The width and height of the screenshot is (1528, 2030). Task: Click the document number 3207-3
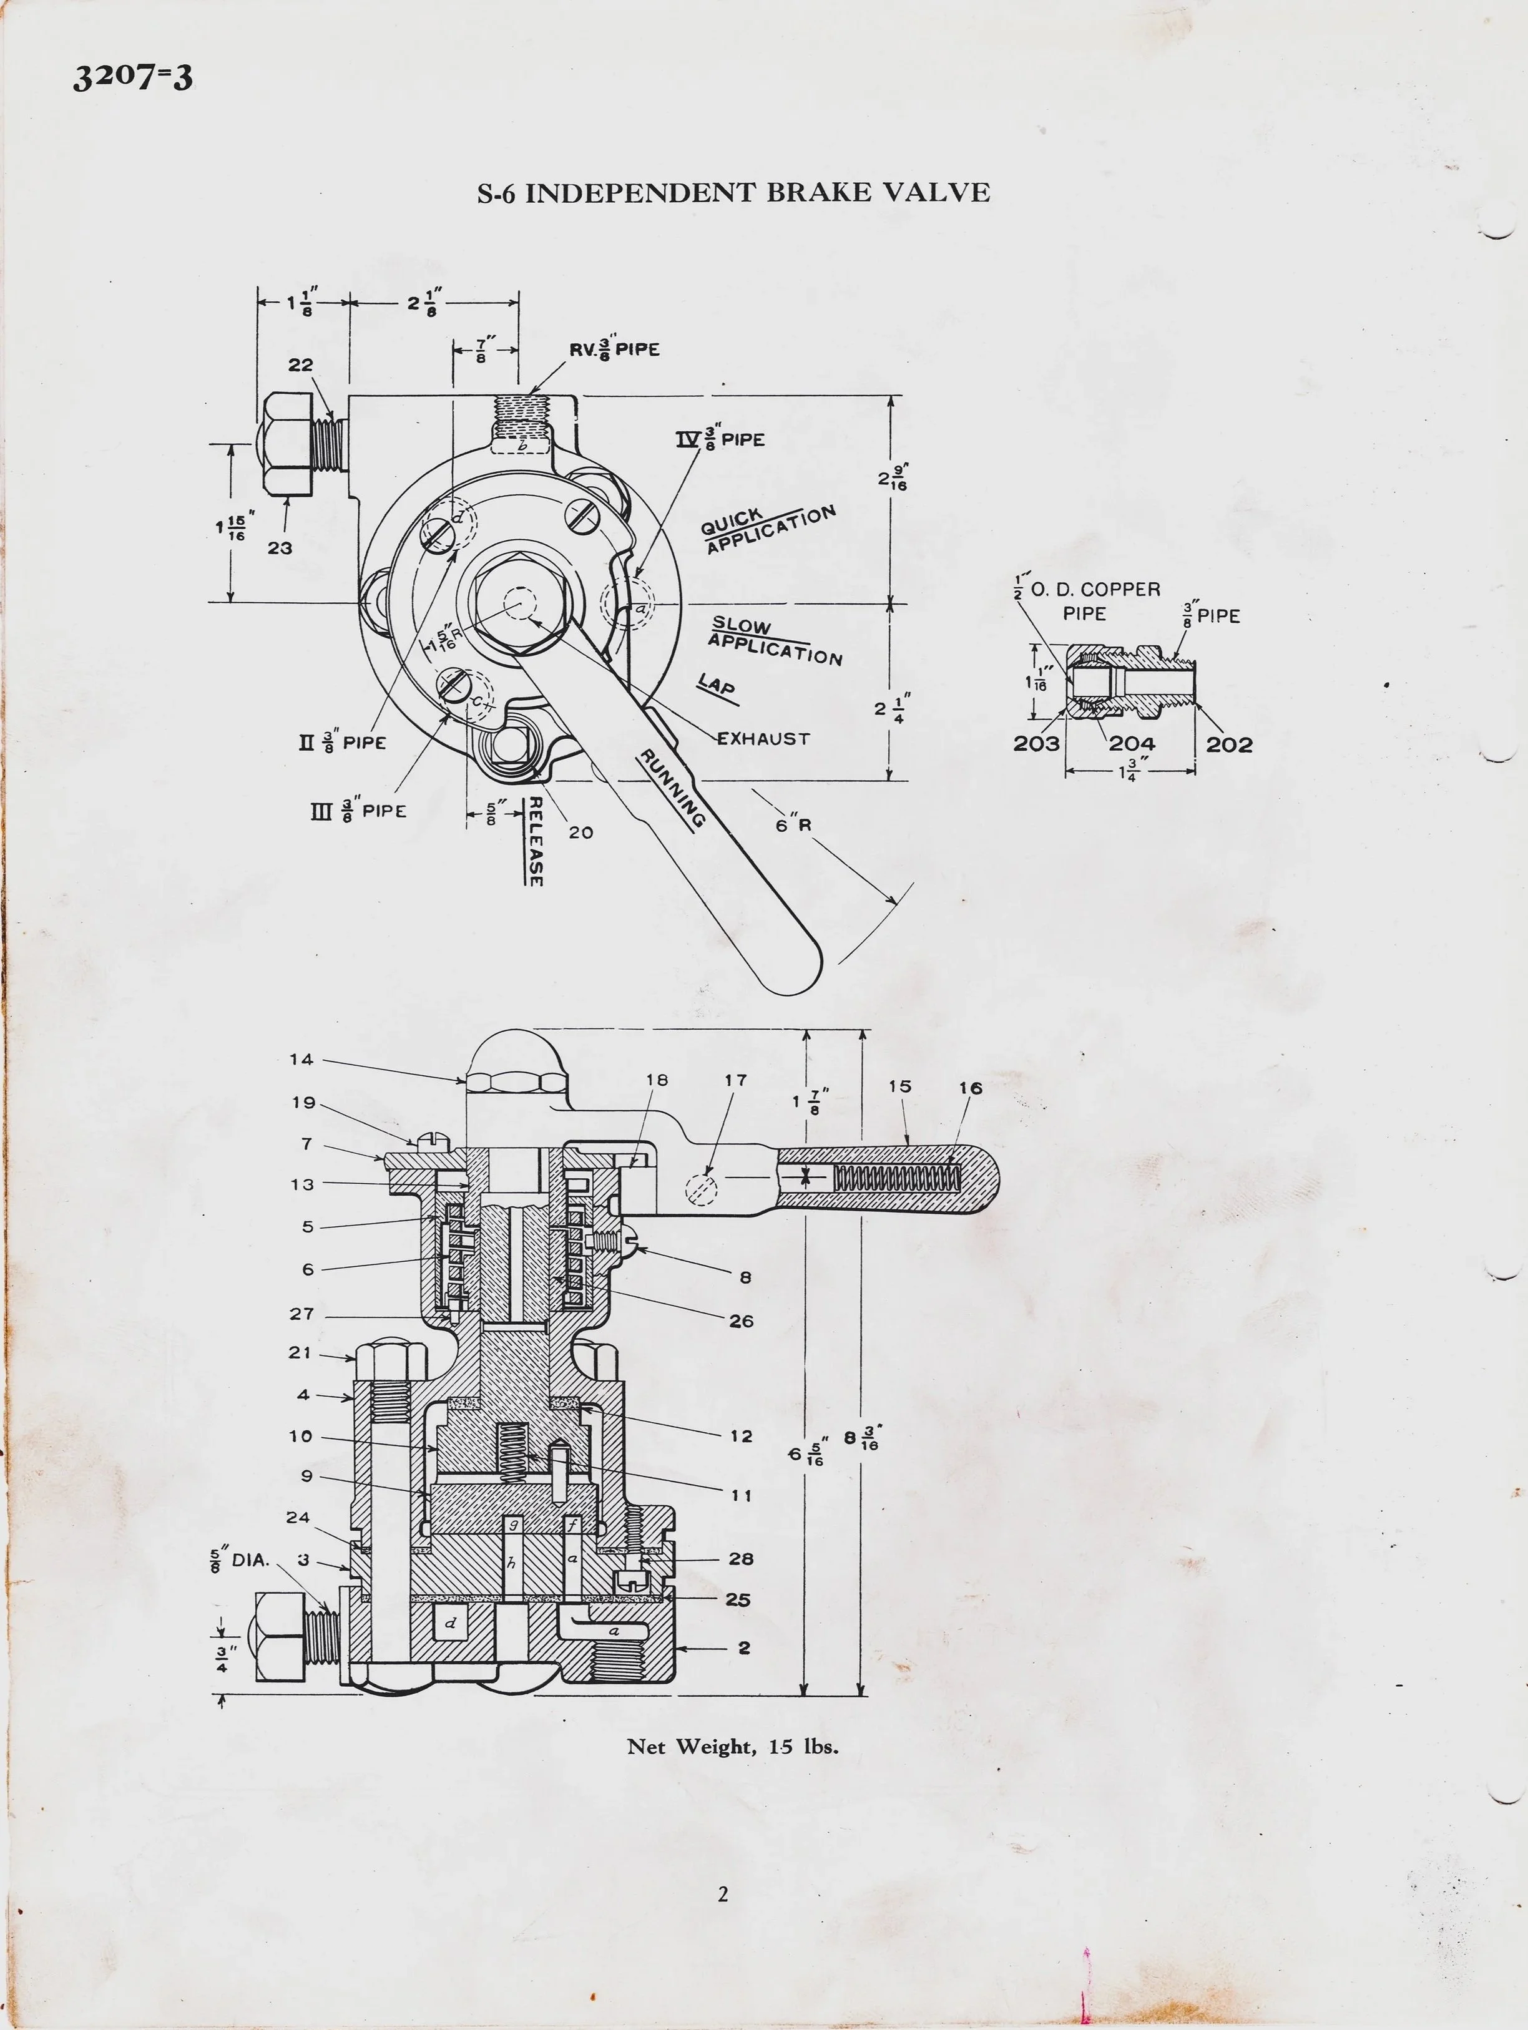pyautogui.click(x=133, y=77)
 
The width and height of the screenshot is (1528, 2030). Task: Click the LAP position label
pyautogui.click(x=717, y=686)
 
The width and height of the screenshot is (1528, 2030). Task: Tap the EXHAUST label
pyautogui.click(x=763, y=739)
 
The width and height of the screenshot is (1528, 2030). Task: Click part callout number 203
pyautogui.click(x=1036, y=744)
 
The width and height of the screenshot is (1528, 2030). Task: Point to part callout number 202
pyautogui.click(x=1229, y=744)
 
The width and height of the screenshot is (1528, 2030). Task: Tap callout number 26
pyautogui.click(x=742, y=1320)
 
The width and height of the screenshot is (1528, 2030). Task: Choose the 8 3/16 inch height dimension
pyautogui.click(x=861, y=1437)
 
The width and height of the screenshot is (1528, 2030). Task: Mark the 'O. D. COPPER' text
pyautogui.click(x=1096, y=589)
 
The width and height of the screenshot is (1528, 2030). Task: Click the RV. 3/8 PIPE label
pyautogui.click(x=614, y=349)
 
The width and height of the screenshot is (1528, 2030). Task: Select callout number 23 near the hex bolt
pyautogui.click(x=280, y=548)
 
